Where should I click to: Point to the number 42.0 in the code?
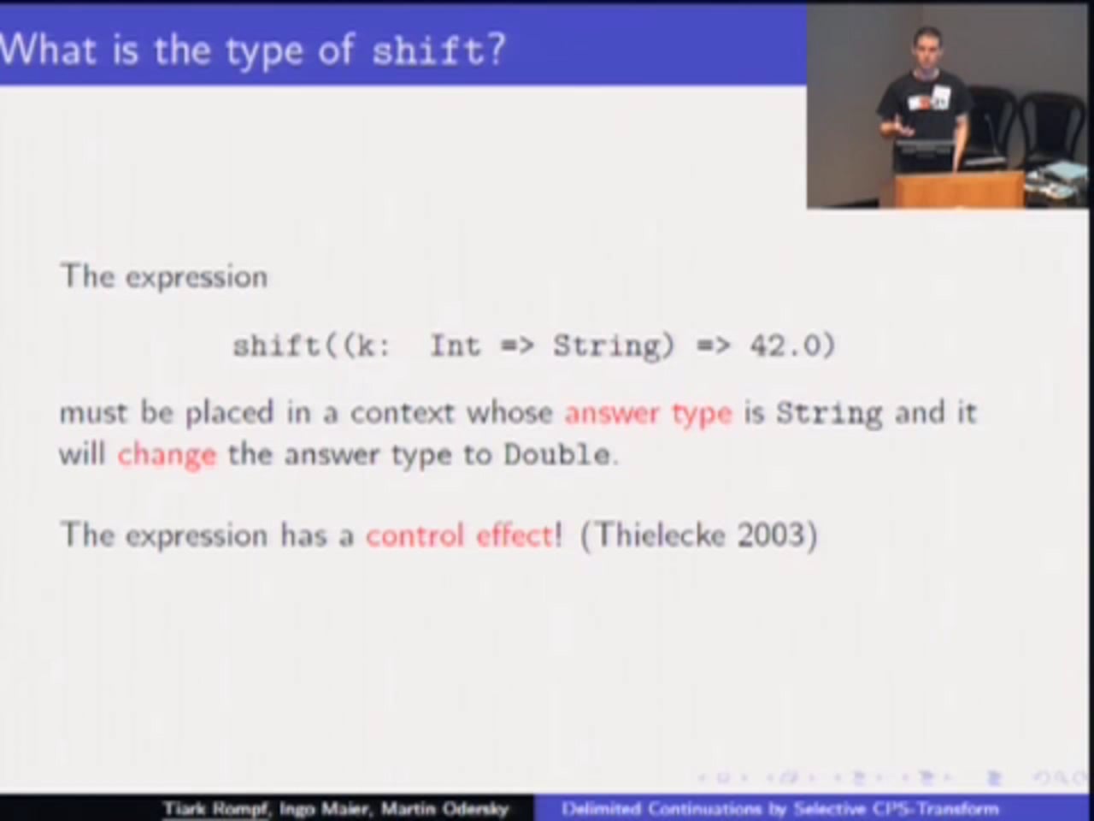click(791, 346)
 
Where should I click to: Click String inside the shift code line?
click(608, 346)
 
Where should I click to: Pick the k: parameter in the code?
click(367, 346)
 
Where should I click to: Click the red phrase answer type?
click(648, 413)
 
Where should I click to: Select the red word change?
click(167, 454)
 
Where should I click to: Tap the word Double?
click(556, 454)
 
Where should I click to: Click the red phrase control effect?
click(460, 535)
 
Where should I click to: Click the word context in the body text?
click(403, 413)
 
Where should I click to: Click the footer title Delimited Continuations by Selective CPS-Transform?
click(779, 808)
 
